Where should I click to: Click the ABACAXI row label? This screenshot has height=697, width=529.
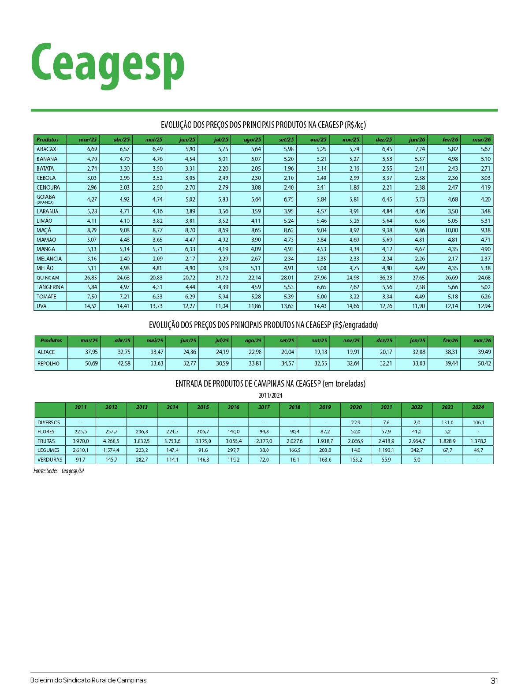tap(47, 149)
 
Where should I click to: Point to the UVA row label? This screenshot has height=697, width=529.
tap(41, 306)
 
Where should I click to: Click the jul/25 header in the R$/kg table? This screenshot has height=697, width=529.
tap(221, 140)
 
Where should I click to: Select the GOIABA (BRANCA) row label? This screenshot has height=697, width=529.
tap(46, 199)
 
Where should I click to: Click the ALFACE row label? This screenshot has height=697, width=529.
tap(46, 352)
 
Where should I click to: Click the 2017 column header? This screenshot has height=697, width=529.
tap(264, 407)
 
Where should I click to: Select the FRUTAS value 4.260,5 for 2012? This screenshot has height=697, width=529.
tap(111, 441)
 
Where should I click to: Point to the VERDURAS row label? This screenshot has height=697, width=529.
tap(50, 459)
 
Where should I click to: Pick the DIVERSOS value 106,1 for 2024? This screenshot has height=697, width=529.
tap(478, 422)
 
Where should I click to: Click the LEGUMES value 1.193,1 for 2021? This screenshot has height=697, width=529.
tap(386, 450)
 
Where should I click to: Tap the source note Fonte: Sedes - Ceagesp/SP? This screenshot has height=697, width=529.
tap(59, 471)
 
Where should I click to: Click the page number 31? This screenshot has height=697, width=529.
tap(494, 681)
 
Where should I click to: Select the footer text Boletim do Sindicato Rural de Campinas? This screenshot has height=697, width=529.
tap(88, 680)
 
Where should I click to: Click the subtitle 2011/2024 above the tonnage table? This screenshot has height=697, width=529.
tap(270, 395)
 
